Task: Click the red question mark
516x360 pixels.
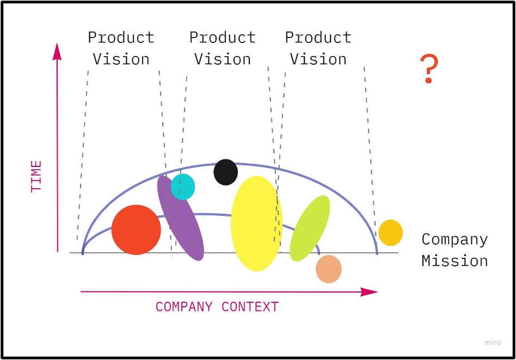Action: click(429, 69)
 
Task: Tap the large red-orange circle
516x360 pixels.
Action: click(136, 229)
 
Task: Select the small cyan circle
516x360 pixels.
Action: click(183, 187)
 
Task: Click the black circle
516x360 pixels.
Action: click(225, 172)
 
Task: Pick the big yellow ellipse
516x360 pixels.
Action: click(256, 223)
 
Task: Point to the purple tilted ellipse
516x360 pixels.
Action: click(180, 218)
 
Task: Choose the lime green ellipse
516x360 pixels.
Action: click(310, 228)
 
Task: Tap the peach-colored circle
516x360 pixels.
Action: click(328, 269)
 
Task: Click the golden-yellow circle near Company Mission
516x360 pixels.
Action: click(390, 233)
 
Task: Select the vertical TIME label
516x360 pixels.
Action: click(36, 176)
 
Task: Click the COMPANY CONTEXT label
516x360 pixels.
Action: click(217, 307)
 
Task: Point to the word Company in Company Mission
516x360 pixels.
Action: click(454, 239)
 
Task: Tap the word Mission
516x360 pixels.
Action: click(454, 261)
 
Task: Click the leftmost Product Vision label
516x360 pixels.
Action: click(121, 48)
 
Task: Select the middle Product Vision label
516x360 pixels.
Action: click(222, 48)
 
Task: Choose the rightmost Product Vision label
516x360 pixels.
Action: click(318, 48)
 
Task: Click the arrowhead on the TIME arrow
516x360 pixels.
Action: click(57, 50)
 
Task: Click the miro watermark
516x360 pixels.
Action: click(492, 342)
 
